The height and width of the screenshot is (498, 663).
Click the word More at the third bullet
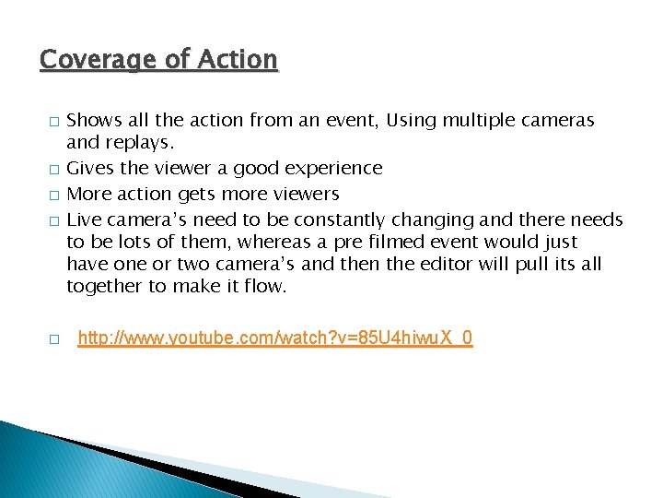tap(90, 194)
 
